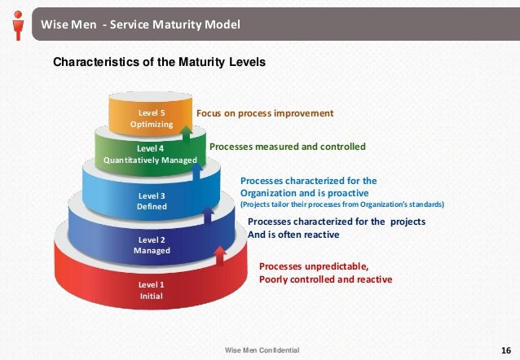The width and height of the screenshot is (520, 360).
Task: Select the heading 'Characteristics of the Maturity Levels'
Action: coord(159,61)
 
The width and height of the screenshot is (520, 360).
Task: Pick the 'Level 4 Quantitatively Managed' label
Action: coord(150,155)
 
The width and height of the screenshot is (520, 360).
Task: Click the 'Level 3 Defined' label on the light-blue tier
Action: coord(152,201)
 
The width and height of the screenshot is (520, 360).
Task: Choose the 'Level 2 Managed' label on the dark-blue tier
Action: coord(152,245)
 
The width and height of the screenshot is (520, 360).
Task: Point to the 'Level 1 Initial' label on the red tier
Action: coord(151,290)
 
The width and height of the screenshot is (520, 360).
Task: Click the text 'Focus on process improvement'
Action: coord(266,113)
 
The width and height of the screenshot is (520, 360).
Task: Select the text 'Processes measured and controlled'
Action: coord(288,147)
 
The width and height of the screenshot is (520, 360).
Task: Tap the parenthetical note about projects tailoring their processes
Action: coord(342,204)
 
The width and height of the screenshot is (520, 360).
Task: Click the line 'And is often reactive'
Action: coord(293,235)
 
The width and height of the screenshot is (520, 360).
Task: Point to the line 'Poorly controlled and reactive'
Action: coord(325,279)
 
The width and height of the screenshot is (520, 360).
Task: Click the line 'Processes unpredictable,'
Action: coord(314,266)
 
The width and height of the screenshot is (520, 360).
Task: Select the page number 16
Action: coord(504,349)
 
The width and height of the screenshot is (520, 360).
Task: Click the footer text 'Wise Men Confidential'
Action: coord(262,349)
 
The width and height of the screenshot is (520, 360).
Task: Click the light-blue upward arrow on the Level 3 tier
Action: coord(198,173)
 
